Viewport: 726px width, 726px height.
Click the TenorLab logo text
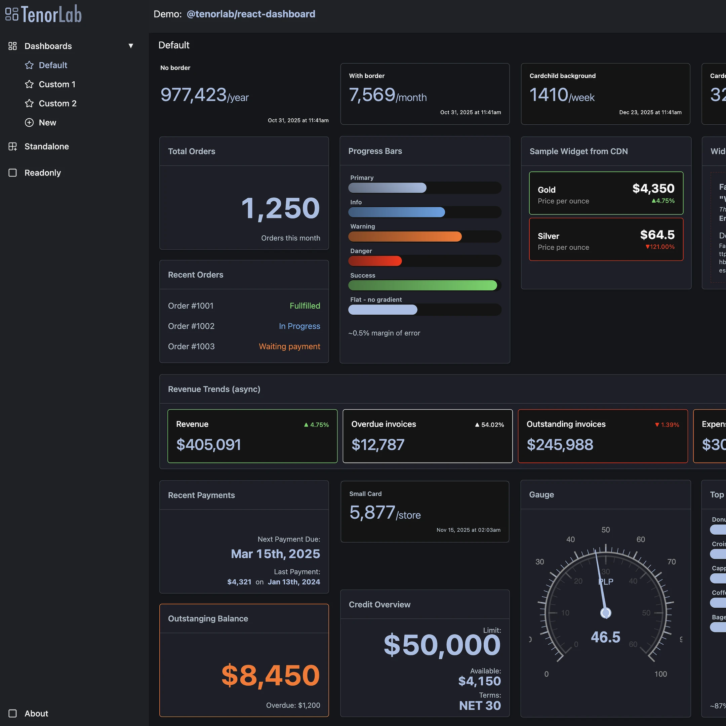[x=51, y=14]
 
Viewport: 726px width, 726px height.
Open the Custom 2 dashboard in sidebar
[x=57, y=103]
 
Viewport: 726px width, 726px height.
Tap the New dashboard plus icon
[x=29, y=122]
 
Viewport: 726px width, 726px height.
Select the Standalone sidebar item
[x=46, y=147]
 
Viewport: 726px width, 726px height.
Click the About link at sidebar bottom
[x=36, y=713]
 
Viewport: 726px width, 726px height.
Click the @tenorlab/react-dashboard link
[x=251, y=14]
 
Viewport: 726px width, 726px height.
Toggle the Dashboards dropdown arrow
[x=131, y=46]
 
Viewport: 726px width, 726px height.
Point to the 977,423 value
[x=194, y=95]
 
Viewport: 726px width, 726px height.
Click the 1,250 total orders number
[x=280, y=208]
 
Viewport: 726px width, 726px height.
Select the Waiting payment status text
[x=289, y=347]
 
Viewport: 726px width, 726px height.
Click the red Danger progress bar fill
[x=375, y=261]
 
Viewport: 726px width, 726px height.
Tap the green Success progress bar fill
[x=422, y=285]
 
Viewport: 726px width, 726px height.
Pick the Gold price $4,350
[x=653, y=188]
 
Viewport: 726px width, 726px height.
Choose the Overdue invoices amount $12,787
[x=378, y=445]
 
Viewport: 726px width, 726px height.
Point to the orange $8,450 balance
[x=270, y=675]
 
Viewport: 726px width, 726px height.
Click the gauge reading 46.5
[x=605, y=637]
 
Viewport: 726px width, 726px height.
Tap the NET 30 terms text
[x=480, y=705]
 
